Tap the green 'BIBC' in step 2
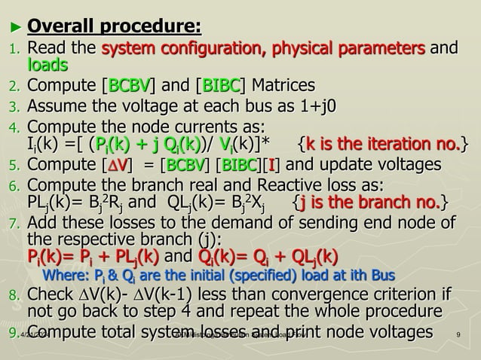[x=224, y=85]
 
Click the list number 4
[x=13, y=125]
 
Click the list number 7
[x=13, y=224]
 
